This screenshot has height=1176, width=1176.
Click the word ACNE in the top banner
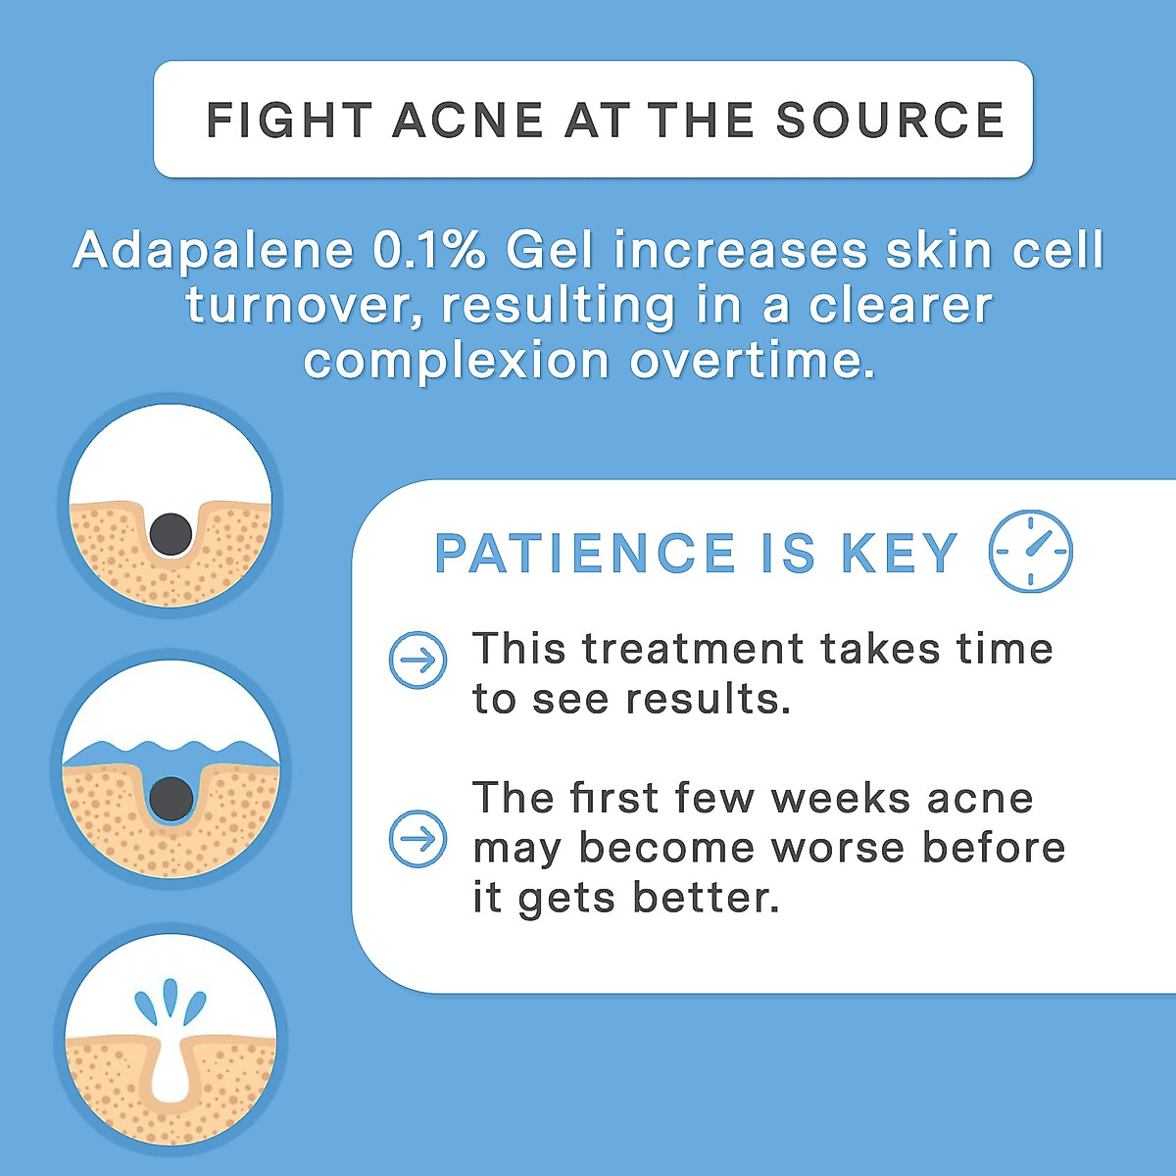[467, 120]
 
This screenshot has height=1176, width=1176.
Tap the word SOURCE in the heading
[890, 120]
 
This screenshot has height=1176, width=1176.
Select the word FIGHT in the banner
[289, 120]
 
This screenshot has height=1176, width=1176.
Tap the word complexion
[457, 362]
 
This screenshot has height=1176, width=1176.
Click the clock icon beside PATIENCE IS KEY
[1030, 551]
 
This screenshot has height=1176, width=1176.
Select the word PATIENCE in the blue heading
[585, 553]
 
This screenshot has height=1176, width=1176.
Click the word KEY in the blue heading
[900, 553]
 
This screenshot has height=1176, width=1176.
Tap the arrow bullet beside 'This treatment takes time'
[418, 660]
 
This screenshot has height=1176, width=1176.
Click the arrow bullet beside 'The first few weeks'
[418, 839]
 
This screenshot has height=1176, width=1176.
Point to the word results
[708, 700]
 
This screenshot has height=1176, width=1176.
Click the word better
[706, 898]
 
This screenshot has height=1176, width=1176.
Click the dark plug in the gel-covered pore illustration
[171, 799]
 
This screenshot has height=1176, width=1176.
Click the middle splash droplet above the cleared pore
[171, 998]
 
